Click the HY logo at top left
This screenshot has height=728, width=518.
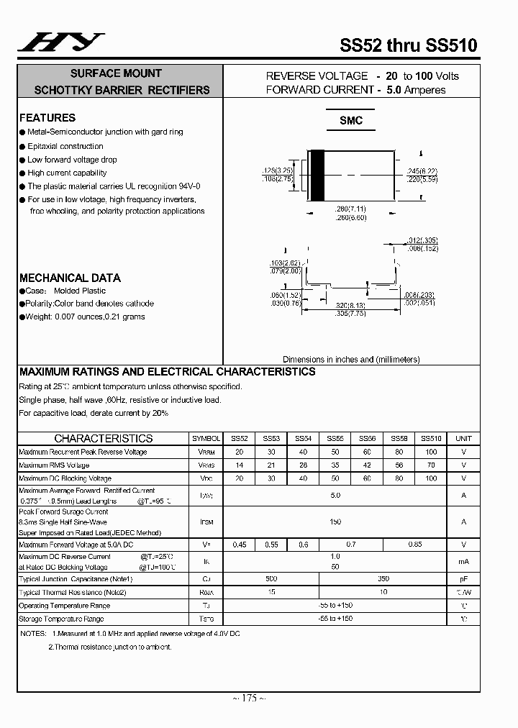tap(60, 43)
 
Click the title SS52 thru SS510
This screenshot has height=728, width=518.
tap(408, 45)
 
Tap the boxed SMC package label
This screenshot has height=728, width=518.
tap(351, 121)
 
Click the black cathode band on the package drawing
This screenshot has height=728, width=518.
tap(316, 176)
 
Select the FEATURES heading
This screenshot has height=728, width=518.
tap(47, 117)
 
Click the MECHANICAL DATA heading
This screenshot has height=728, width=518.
tap(70, 278)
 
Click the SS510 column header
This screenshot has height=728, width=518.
tap(431, 438)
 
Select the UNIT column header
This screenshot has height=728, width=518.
tap(464, 438)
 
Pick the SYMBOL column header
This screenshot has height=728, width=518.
tap(206, 438)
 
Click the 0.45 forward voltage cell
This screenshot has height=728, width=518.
tap(240, 545)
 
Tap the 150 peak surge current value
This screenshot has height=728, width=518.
tap(335, 522)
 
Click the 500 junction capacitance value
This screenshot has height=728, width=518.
tap(271, 578)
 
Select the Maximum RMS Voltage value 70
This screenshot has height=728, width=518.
tap(431, 465)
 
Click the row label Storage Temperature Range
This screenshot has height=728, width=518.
tap(61, 619)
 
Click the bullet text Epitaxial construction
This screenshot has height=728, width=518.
tap(65, 146)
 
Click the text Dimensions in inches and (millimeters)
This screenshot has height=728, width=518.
tap(351, 359)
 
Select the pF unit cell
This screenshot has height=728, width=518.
tap(464, 578)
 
